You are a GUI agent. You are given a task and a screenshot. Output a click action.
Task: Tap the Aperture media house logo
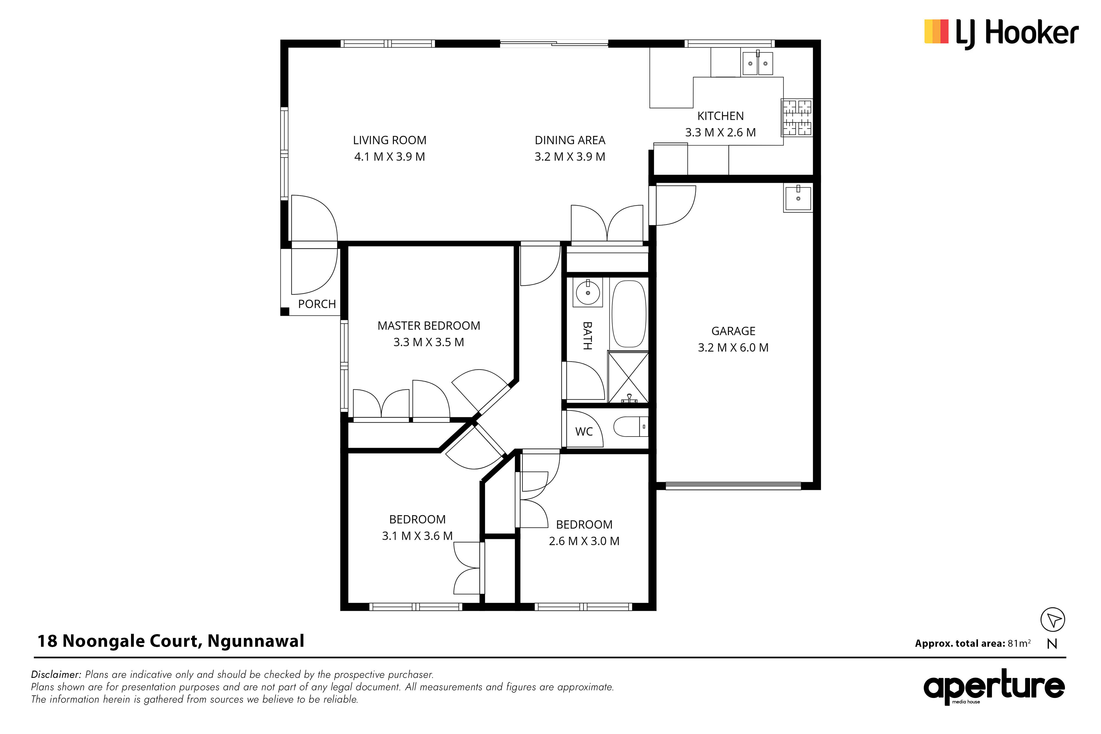[x=994, y=688]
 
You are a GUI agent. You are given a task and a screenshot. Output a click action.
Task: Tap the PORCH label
[x=317, y=304]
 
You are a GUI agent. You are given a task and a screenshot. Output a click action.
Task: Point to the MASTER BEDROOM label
[x=429, y=326]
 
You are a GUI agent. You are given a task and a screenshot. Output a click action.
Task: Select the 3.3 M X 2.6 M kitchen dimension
[x=720, y=132]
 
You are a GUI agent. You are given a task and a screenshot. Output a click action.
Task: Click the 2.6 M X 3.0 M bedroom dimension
[x=584, y=541]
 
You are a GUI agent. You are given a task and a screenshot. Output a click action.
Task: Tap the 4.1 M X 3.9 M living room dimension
[x=389, y=157]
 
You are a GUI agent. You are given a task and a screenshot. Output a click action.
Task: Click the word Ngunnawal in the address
[x=256, y=641]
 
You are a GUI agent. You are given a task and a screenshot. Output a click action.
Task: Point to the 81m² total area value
[x=1019, y=643]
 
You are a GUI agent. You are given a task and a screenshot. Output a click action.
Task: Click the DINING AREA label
[x=570, y=140]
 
